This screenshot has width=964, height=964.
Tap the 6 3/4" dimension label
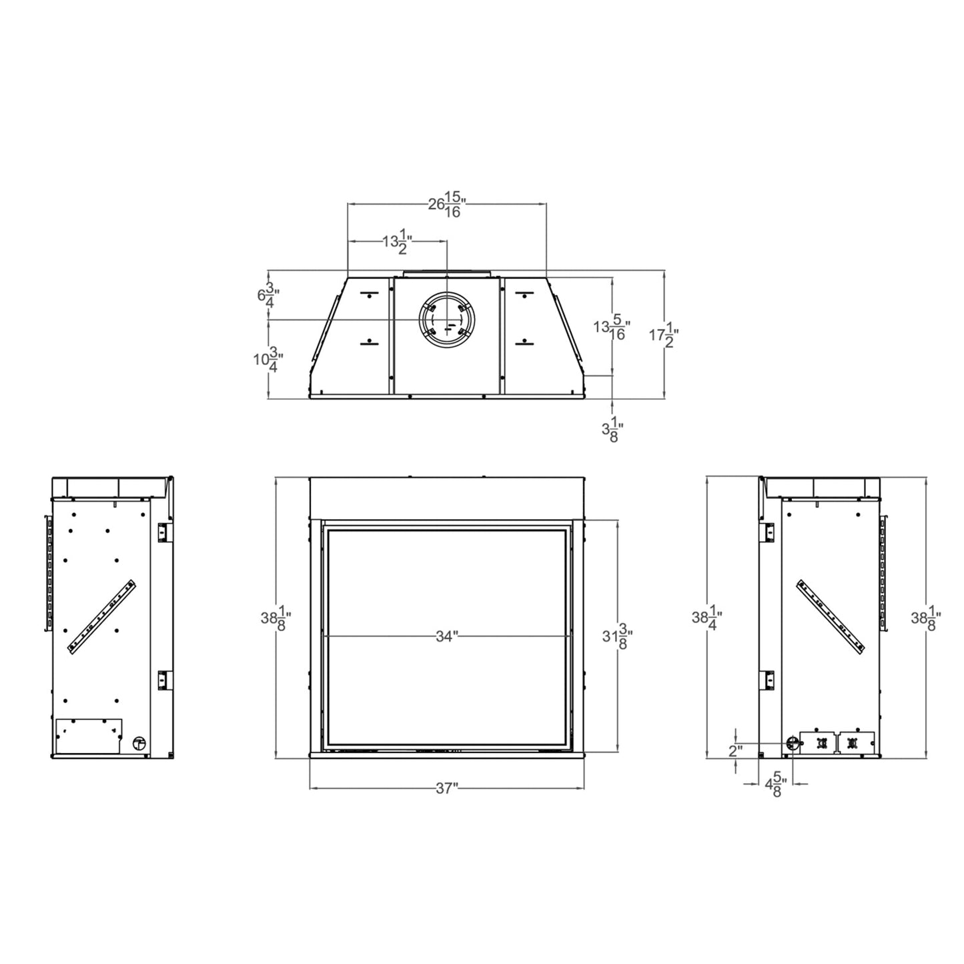[x=268, y=295]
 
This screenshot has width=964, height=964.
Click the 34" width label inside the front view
[x=446, y=636]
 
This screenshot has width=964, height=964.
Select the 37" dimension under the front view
[x=446, y=788]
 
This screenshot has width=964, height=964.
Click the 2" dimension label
[x=735, y=751]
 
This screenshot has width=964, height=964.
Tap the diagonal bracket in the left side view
[x=101, y=615]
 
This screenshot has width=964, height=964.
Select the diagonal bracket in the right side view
[x=831, y=615]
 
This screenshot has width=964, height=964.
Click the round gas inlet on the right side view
[x=793, y=743]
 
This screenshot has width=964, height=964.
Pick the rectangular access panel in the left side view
[x=88, y=736]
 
